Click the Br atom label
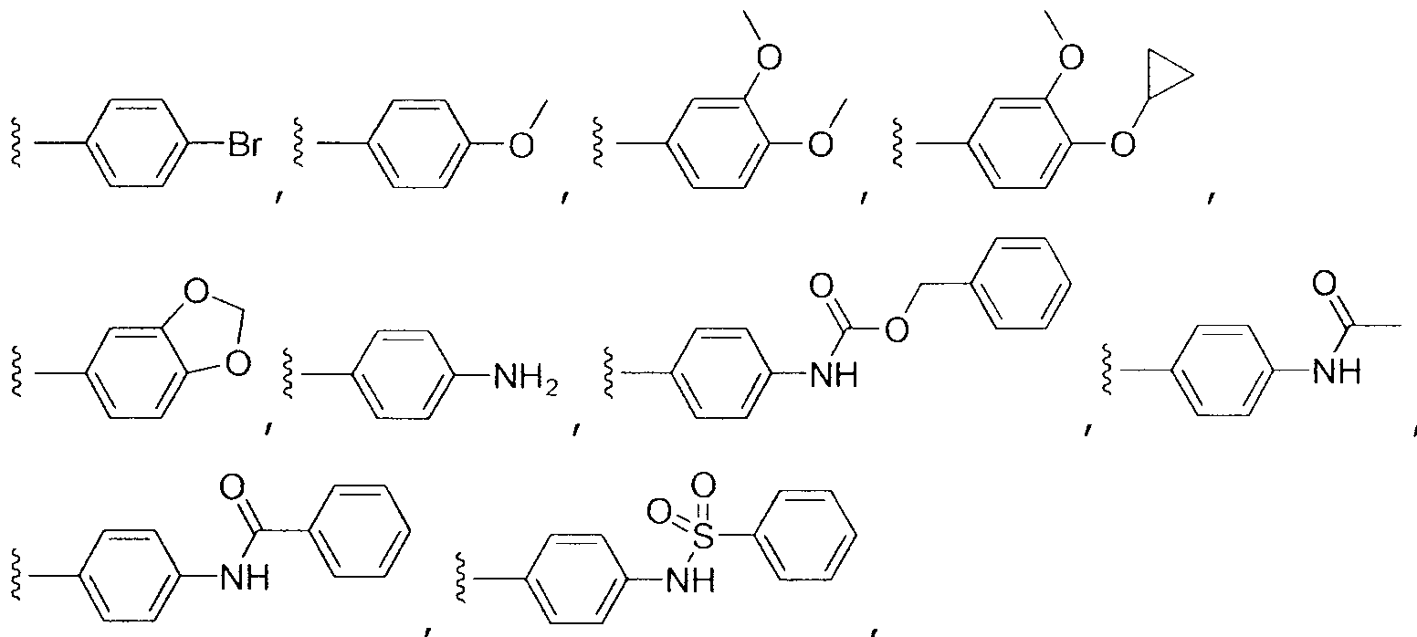[244, 144]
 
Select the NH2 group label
[526, 378]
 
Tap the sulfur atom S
[702, 538]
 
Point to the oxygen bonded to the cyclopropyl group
[1123, 144]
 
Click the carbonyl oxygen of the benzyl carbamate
[821, 286]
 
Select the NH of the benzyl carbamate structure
[834, 376]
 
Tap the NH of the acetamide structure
[1336, 371]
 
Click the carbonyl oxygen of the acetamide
[1325, 284]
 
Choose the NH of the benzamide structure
[245, 577]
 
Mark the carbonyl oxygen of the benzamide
[232, 487]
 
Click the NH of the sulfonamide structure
[690, 580]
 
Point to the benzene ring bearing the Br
[139, 143]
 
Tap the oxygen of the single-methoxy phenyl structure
[521, 145]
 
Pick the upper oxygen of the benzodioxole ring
[196, 292]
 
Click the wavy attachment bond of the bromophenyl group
[16, 143]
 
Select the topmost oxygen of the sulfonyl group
[703, 486]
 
